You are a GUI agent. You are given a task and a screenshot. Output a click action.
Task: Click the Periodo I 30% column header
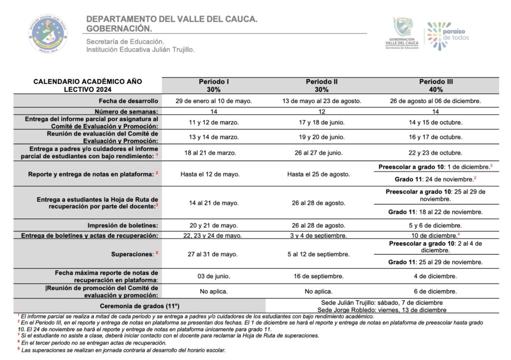214,85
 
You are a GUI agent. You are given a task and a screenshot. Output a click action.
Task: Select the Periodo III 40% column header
436,85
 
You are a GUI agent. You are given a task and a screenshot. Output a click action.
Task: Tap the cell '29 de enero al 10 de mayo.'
214,101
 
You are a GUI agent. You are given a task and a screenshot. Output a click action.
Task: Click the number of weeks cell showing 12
322,111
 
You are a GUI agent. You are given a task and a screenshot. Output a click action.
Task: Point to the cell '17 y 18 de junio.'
322,122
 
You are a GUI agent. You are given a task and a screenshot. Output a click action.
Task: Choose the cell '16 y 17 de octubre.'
436,137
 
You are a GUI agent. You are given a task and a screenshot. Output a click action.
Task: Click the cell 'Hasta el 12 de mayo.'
214,174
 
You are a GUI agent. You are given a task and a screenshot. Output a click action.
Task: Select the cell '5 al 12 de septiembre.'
322,254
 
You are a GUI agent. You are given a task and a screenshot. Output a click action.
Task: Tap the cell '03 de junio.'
214,276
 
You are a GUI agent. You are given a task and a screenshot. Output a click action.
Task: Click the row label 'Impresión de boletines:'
123,225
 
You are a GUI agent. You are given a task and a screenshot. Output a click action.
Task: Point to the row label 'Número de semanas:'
126,111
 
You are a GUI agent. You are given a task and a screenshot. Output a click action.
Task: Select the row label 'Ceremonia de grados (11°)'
140,305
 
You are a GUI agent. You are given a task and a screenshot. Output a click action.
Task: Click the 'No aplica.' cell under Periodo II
322,291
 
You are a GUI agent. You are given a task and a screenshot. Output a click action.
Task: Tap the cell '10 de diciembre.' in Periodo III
436,235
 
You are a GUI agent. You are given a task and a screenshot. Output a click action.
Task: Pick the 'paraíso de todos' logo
448,34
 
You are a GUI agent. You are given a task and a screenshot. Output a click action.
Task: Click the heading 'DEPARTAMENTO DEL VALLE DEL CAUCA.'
172,19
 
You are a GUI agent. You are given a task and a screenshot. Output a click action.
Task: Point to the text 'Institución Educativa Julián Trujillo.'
140,49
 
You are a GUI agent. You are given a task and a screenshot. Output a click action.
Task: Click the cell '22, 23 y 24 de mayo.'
214,235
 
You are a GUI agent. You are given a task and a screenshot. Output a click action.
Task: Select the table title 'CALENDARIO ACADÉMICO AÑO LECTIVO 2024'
88,85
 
